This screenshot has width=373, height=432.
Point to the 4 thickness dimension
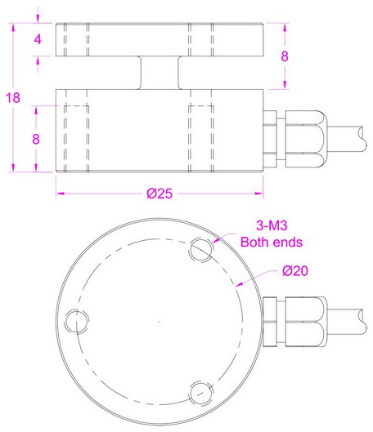[x=37, y=39]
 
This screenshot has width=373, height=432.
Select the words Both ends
[x=271, y=243]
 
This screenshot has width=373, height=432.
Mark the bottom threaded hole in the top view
[x=200, y=390]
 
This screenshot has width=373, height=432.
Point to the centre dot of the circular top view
[x=159, y=320]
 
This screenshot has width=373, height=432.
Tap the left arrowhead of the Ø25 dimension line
[x=60, y=194]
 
